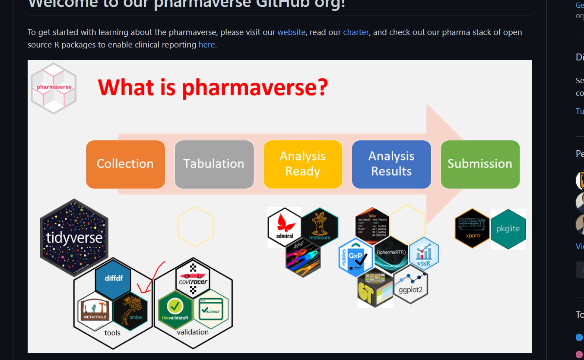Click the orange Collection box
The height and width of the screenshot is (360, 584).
tap(125, 164)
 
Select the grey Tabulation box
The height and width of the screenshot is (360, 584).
tap(214, 164)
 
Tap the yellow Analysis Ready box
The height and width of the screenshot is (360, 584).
tap(303, 164)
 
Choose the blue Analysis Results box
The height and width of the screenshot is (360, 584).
tap(391, 164)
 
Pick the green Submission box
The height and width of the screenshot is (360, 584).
tap(480, 164)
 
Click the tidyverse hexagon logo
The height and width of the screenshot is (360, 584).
tap(74, 237)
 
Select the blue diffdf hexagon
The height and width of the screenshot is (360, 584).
tap(113, 279)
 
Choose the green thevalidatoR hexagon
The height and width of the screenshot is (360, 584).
tap(175, 309)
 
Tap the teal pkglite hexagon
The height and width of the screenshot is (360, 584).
tap(508, 229)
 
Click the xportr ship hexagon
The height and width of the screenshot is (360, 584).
tap(472, 229)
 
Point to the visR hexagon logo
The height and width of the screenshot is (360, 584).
tap(424, 254)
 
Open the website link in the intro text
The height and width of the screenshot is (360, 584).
tap(291, 32)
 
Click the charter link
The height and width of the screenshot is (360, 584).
tap(356, 32)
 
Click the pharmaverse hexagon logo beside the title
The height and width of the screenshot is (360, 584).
tap(54, 88)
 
